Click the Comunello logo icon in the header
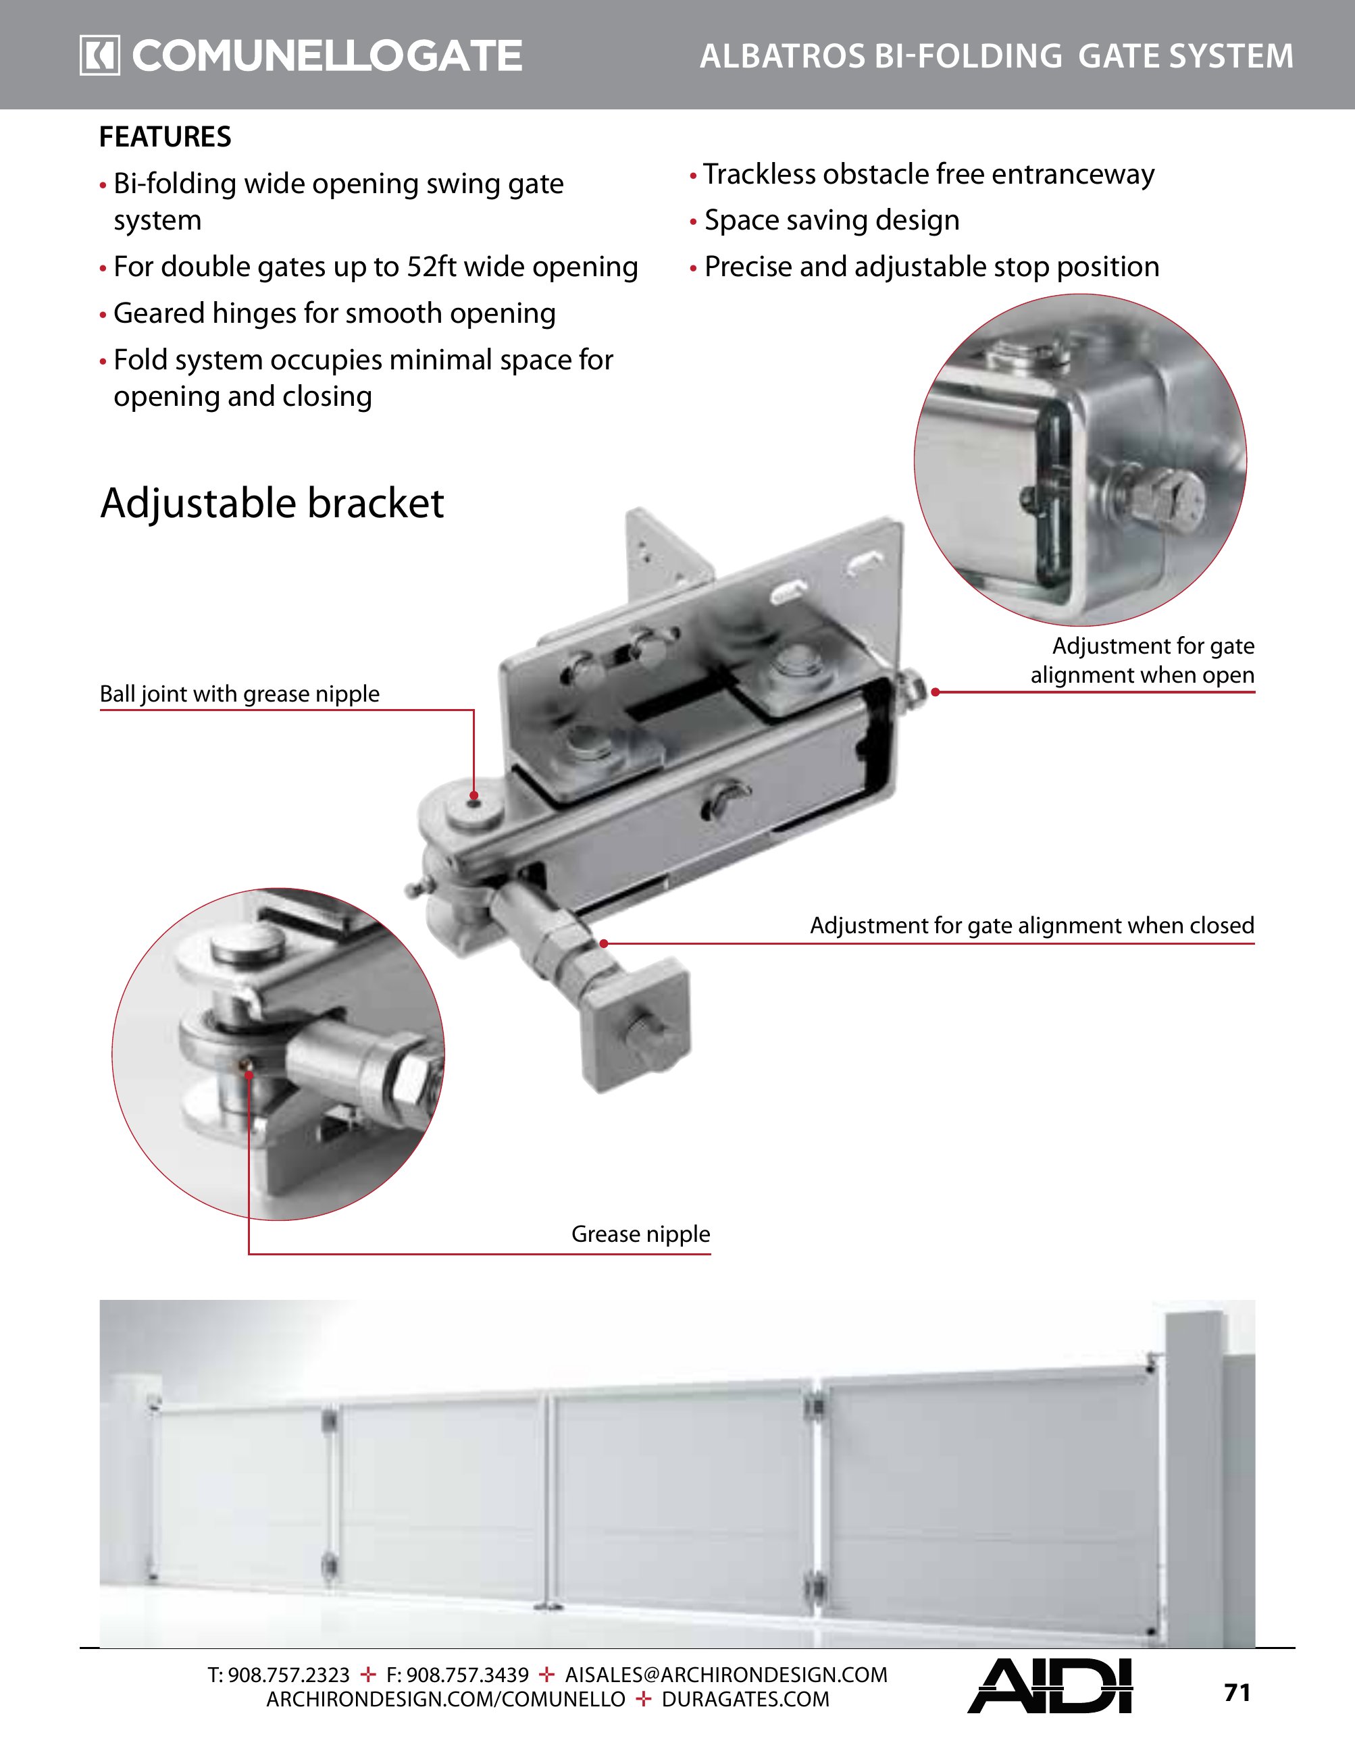pyautogui.click(x=99, y=55)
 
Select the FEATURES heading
pyautogui.click(x=165, y=137)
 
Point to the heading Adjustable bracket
pyautogui.click(x=272, y=503)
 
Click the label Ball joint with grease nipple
pyautogui.click(x=239, y=694)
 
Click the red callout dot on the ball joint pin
pyautogui.click(x=474, y=795)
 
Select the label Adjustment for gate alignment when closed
pyautogui.click(x=1031, y=926)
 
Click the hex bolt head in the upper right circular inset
pyautogui.click(x=1166, y=498)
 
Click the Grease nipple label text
pyautogui.click(x=640, y=1234)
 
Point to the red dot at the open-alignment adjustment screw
pyautogui.click(x=935, y=692)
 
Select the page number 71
pyautogui.click(x=1237, y=1693)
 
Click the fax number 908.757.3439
pyautogui.click(x=467, y=1675)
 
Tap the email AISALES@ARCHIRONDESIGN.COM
pyautogui.click(x=725, y=1675)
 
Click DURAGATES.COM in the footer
pyautogui.click(x=745, y=1700)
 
